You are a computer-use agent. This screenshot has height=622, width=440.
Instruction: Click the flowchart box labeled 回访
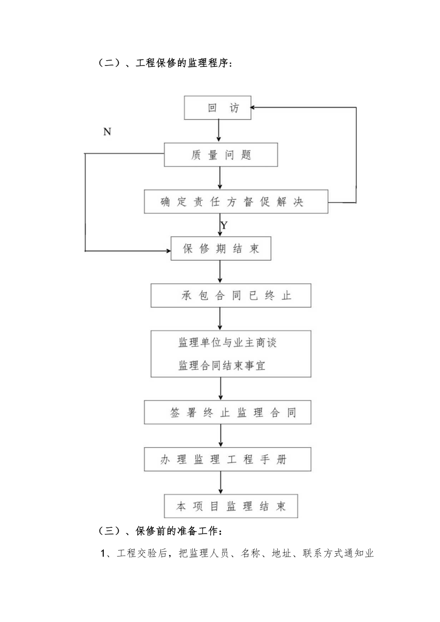(218, 108)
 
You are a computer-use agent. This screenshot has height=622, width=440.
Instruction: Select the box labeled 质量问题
(220, 155)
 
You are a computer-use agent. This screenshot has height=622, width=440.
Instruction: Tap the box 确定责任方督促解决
(236, 201)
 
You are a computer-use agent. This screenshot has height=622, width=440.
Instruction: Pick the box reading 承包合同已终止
(231, 295)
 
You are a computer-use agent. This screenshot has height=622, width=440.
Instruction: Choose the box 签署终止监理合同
(228, 412)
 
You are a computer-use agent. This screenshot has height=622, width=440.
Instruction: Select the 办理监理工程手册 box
(228, 459)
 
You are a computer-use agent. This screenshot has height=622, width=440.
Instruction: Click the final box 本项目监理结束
(231, 506)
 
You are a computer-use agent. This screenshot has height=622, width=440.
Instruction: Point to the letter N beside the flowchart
(107, 132)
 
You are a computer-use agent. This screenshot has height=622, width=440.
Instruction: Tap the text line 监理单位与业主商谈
(228, 343)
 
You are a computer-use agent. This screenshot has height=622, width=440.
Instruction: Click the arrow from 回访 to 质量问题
(219, 131)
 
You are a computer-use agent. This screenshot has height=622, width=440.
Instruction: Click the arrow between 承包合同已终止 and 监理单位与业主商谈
(220, 318)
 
